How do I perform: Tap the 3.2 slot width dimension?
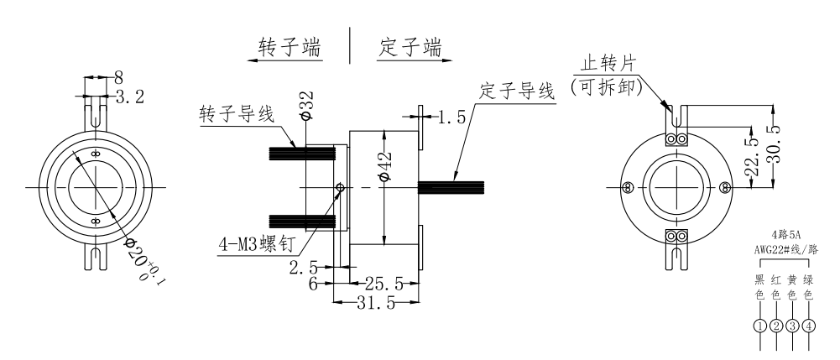click(129, 97)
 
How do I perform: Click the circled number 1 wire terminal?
click(759, 326)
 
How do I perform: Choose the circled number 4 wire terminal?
click(808, 326)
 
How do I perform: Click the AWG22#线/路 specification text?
click(784, 250)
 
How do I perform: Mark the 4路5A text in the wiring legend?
click(784, 237)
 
